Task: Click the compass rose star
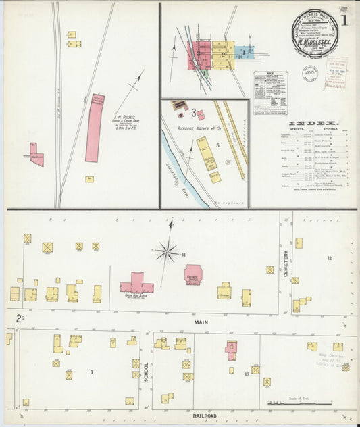166,251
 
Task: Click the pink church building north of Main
194,274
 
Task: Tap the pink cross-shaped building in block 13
231,350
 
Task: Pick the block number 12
329,258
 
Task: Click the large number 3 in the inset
193,112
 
